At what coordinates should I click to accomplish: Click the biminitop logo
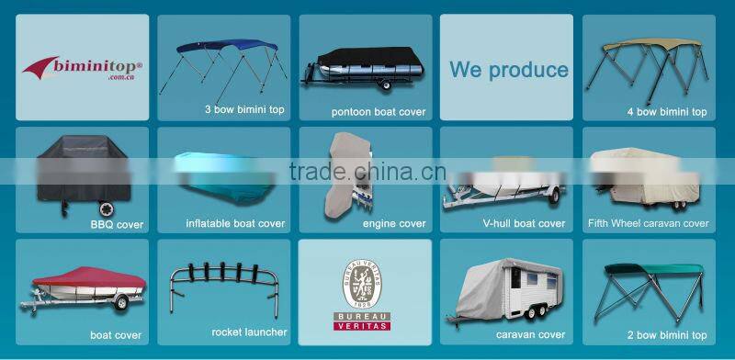pos(81,67)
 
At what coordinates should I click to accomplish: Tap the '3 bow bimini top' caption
pos(243,109)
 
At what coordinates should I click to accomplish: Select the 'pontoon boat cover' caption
pos(378,112)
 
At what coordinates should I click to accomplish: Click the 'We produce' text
pos(508,70)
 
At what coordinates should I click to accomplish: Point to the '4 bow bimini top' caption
pos(667,112)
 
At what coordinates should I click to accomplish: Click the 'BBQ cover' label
pos(116,223)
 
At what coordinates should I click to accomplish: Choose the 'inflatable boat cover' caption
pos(235,223)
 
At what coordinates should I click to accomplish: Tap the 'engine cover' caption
pos(393,223)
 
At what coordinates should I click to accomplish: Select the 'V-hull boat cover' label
pos(524,223)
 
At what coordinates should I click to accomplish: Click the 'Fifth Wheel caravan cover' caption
pos(649,223)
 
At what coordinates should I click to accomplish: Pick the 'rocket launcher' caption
pos(249,332)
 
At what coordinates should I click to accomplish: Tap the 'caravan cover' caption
pos(530,334)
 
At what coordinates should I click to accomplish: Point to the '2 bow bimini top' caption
pos(668,334)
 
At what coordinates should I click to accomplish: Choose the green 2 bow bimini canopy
pos(652,270)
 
